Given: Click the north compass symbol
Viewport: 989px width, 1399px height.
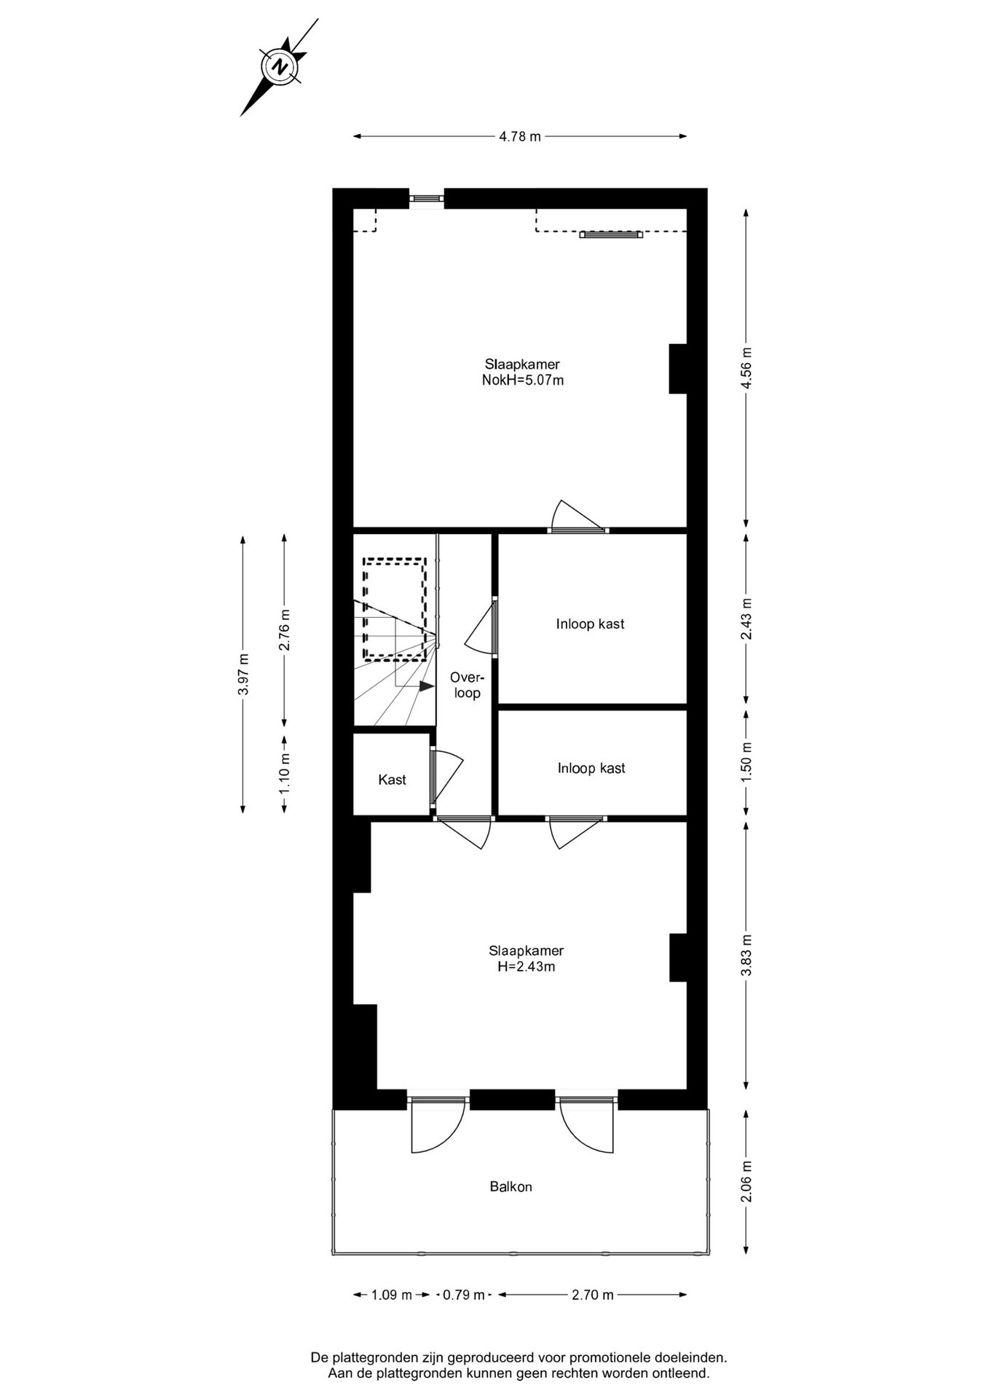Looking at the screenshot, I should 280,68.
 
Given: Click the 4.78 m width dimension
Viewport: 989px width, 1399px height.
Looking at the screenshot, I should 520,136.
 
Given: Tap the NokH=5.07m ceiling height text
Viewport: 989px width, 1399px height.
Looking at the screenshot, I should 522,380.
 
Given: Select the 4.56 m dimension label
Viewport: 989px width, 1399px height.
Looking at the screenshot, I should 746,367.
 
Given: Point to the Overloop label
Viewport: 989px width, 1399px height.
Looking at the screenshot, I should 467,684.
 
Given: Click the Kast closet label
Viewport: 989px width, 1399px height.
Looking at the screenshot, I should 392,780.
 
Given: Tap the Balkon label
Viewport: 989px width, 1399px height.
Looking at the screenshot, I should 511,1187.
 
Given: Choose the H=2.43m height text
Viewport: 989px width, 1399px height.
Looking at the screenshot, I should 526,967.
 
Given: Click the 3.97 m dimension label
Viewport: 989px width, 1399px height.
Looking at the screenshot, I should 243,674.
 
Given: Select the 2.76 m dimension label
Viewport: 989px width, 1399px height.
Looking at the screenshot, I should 284,630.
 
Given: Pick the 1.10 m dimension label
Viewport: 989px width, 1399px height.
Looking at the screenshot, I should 284,773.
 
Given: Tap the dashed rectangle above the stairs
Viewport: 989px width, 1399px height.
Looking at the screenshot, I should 394,608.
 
